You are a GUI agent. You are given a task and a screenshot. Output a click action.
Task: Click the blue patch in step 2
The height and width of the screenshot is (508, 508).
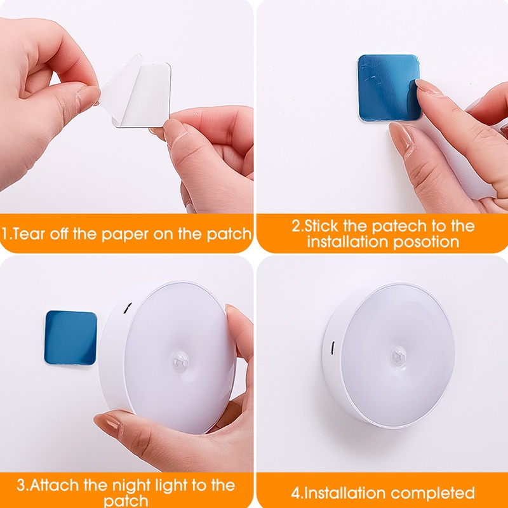coord(386,86)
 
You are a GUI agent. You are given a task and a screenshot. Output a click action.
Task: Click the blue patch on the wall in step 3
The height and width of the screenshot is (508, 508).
coord(70,337)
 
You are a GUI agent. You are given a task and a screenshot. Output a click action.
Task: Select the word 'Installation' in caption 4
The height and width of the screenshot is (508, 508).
coord(344,493)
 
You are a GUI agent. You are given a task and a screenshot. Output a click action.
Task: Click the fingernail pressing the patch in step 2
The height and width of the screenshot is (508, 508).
coord(428,87)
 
